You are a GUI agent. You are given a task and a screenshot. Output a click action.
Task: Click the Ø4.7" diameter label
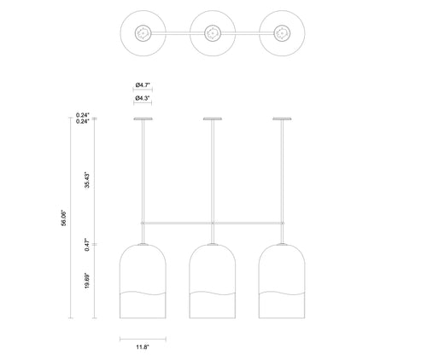point(143,84)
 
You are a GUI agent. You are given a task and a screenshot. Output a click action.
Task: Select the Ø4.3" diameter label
point(143,98)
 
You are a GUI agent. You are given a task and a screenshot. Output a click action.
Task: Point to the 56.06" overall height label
point(63,218)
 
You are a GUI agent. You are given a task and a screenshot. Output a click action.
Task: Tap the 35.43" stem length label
point(87,180)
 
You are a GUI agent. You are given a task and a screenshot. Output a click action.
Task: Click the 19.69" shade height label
point(87,281)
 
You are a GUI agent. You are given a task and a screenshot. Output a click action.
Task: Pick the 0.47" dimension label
point(87,246)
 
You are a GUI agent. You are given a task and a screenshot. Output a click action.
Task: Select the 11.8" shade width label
point(143,347)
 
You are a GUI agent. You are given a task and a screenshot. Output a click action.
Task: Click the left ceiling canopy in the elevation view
point(143,119)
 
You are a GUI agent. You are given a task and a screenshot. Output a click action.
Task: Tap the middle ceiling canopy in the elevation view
point(213,119)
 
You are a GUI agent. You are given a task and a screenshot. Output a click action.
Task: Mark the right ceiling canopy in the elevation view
point(282,119)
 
